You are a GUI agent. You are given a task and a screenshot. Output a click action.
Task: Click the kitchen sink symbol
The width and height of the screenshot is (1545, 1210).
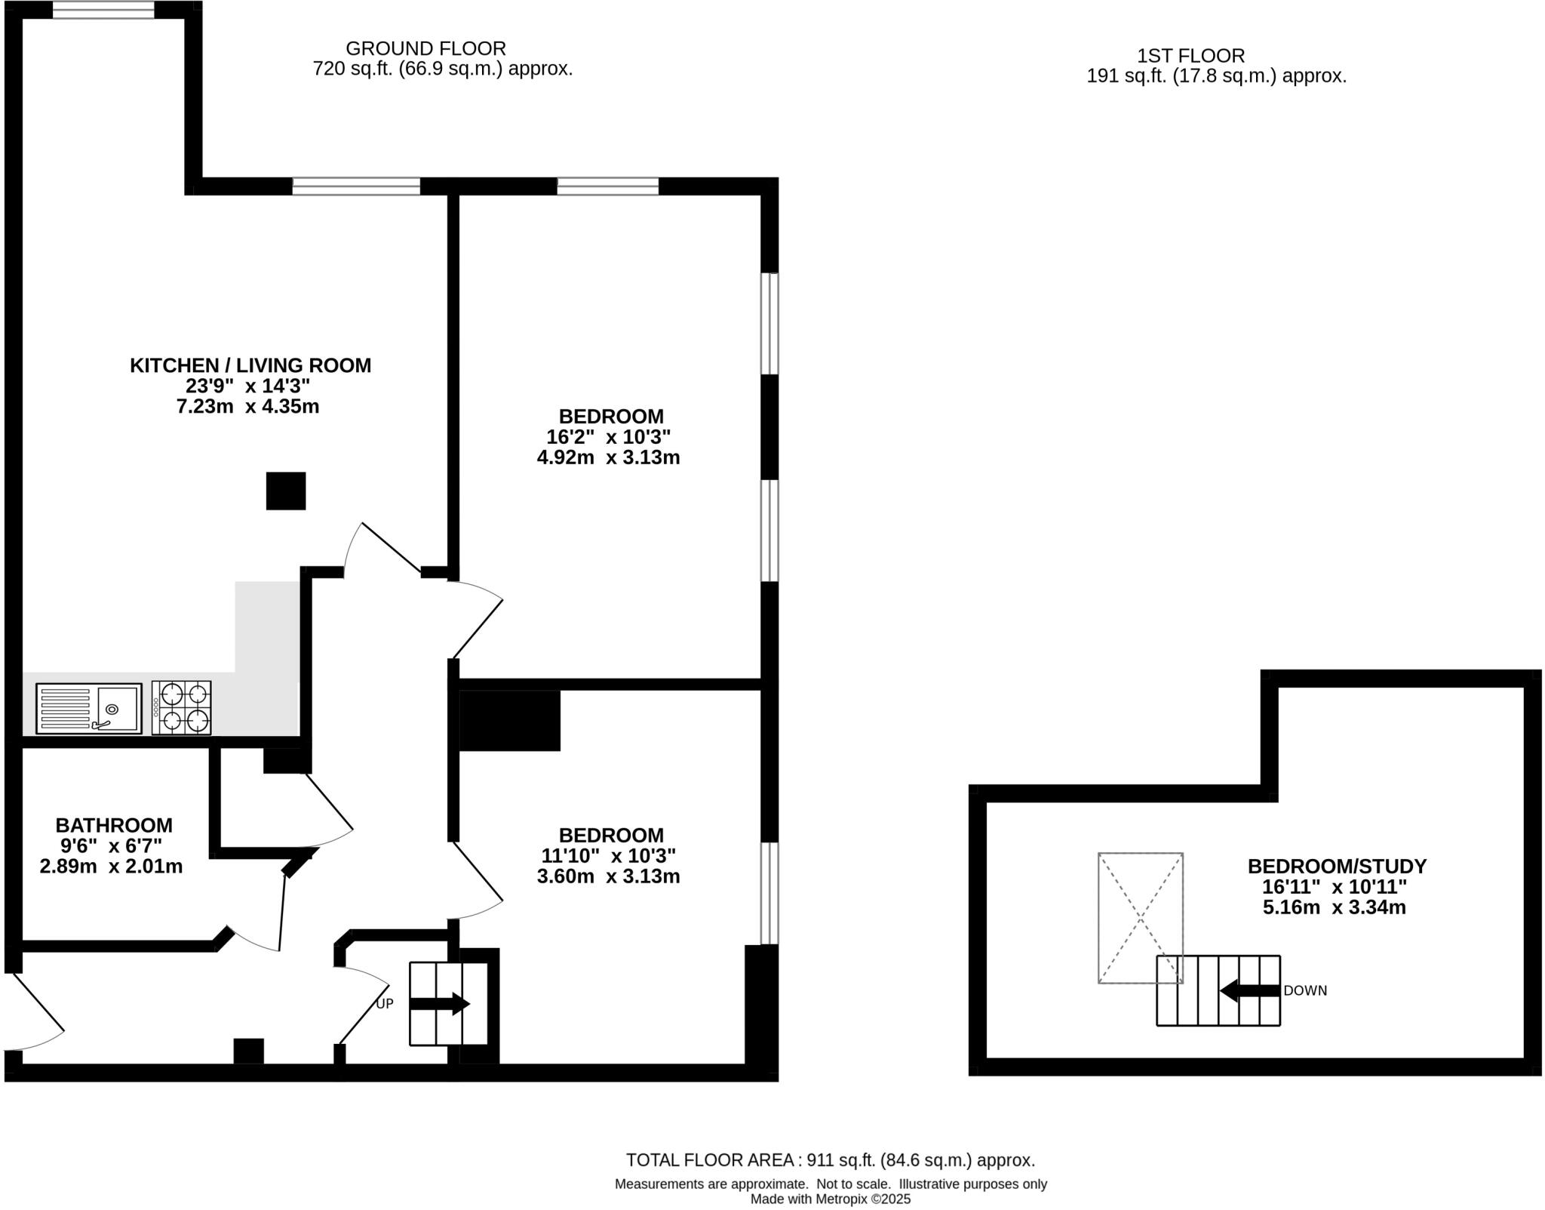coord(89,708)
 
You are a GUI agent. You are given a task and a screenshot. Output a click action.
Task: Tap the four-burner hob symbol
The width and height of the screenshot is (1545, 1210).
coord(181,707)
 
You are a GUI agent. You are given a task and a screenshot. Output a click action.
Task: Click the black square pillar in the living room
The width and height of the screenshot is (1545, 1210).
coord(286,491)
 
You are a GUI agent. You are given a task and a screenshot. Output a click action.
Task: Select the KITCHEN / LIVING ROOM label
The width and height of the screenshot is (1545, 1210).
coord(250,365)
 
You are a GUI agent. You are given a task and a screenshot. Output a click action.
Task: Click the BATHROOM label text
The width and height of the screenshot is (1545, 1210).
coord(114,825)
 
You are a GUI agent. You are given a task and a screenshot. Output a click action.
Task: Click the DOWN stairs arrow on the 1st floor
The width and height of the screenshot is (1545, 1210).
coord(1249,990)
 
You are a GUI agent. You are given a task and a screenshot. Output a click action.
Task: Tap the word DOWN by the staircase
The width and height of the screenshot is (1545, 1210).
coord(1304,991)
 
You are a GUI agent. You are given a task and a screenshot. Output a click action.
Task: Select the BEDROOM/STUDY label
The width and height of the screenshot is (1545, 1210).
coord(1337,866)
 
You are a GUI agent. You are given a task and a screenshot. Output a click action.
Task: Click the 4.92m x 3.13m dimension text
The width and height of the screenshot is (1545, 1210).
coord(608,457)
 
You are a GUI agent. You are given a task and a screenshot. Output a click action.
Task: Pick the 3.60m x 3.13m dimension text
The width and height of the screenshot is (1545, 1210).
coord(608,876)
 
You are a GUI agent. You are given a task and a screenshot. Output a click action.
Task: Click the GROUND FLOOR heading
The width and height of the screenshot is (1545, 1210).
coord(425,48)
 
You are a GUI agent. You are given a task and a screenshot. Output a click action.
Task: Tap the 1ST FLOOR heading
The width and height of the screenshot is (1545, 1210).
coord(1190,56)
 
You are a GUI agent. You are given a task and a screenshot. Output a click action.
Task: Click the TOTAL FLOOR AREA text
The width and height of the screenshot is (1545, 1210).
coord(830,1160)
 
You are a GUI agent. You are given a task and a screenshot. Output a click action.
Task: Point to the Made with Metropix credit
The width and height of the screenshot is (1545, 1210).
coord(830,1199)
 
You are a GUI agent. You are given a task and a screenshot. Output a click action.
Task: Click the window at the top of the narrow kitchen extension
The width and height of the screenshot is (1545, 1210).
coord(103,10)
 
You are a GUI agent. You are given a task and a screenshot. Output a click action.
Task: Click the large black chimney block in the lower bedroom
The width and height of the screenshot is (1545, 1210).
coord(510,721)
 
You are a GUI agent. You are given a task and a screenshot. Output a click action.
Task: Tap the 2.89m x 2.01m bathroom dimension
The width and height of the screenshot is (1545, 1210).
coord(111,867)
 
